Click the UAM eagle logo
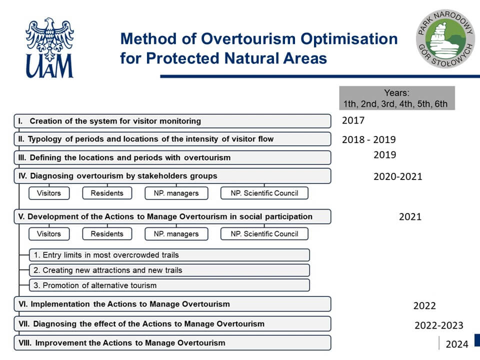click(x=49, y=48)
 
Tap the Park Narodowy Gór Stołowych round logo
click(x=445, y=38)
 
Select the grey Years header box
click(x=396, y=98)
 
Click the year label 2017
click(x=353, y=120)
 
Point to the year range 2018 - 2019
click(x=369, y=139)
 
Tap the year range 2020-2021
click(x=397, y=176)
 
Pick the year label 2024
click(x=456, y=344)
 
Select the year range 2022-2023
click(x=438, y=325)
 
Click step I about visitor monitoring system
click(x=172, y=121)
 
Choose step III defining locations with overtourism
click(x=172, y=157)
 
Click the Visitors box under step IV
click(x=49, y=193)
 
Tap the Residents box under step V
click(x=107, y=234)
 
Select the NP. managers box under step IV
click(x=176, y=193)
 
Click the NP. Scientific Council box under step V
click(x=264, y=234)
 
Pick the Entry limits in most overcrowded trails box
click(x=169, y=255)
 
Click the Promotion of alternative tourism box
click(x=169, y=285)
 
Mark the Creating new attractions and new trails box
click(x=169, y=270)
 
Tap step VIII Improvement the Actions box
click(x=172, y=343)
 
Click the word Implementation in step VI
click(x=60, y=304)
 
